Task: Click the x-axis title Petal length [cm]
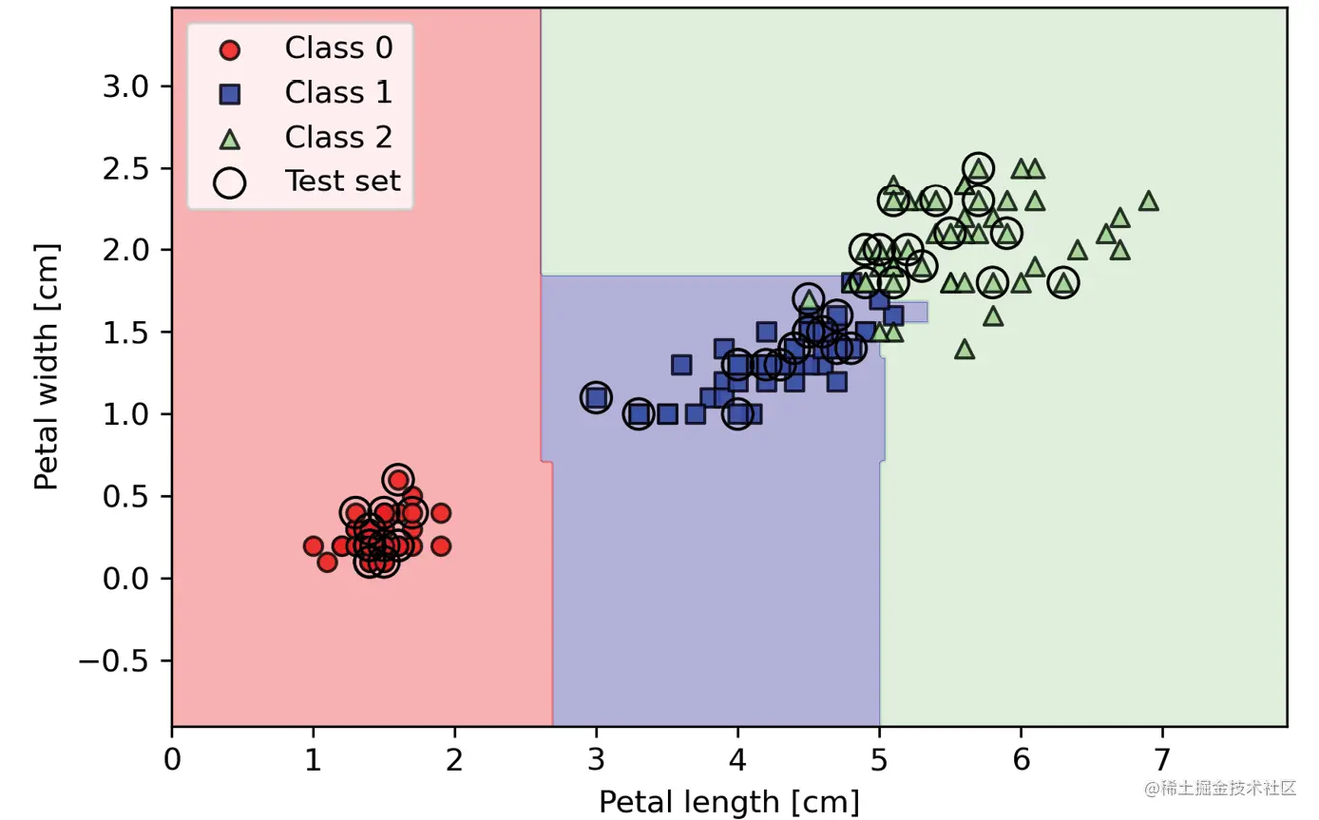tap(729, 802)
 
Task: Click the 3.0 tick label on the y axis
tap(126, 86)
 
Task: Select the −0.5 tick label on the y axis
tap(118, 660)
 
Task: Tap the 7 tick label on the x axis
tap(1162, 760)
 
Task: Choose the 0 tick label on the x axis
tap(172, 760)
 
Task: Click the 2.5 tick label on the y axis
tap(126, 169)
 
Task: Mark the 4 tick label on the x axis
tap(737, 760)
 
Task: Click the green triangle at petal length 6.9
tap(1148, 200)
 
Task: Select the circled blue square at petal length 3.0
tap(596, 397)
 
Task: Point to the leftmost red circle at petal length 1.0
tap(313, 545)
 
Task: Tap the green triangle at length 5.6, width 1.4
tap(965, 349)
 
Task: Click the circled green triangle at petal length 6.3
tap(1063, 282)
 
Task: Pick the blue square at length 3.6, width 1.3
tap(681, 365)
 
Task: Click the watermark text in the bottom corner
tap(1220, 789)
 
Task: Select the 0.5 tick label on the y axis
tap(126, 496)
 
